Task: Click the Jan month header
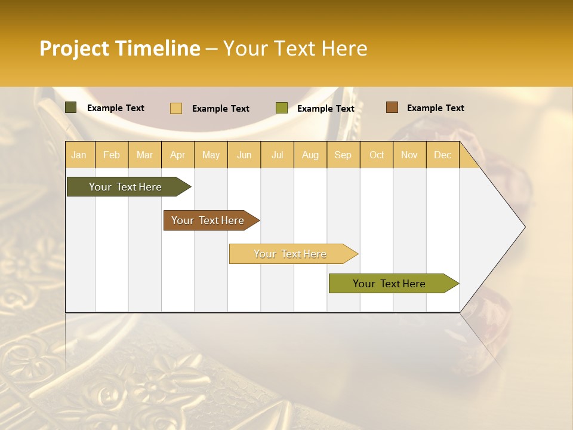[x=79, y=155]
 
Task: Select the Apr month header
[x=178, y=155]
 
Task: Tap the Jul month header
[x=278, y=155]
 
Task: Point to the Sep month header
[x=343, y=155]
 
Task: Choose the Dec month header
[x=443, y=155]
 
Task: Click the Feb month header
[x=112, y=155]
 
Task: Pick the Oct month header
[x=377, y=155]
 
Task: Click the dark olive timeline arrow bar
[x=125, y=187]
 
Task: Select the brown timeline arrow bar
[x=208, y=220]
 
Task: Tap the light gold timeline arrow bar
[x=290, y=254]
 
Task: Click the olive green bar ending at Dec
[x=389, y=284]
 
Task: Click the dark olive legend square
[x=71, y=107]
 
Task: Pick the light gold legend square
[x=176, y=108]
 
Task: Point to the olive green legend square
[x=282, y=108]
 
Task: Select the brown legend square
[x=392, y=107]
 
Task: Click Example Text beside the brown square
[x=435, y=108]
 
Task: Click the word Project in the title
[x=75, y=48]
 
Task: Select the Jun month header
[x=244, y=155]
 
